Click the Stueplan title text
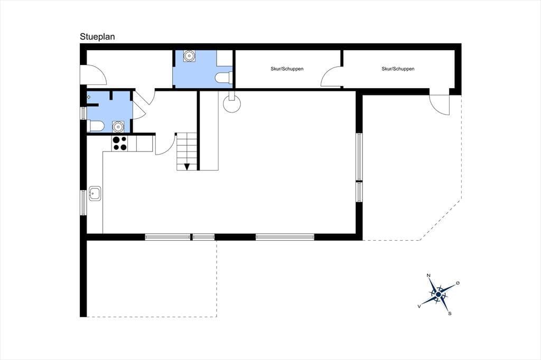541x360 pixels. coord(97,36)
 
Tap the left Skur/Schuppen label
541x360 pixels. coord(287,69)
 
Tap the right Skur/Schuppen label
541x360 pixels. coord(398,69)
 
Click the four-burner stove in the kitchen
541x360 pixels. coord(120,144)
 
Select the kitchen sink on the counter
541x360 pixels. coord(95,193)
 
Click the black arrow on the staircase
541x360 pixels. coord(187,167)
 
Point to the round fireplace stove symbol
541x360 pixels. coord(231,103)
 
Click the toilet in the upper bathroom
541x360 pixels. coord(223,78)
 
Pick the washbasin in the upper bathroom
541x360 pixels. coord(189,56)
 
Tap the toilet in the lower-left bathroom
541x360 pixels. coord(96,126)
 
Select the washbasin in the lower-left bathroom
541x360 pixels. coord(118,127)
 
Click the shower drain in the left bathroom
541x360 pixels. coord(89,97)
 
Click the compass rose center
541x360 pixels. coord(438,295)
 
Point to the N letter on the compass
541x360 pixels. coord(428,275)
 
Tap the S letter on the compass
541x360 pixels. coord(450,314)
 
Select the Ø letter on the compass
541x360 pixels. coord(458,283)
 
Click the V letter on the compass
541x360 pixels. coord(419,306)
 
